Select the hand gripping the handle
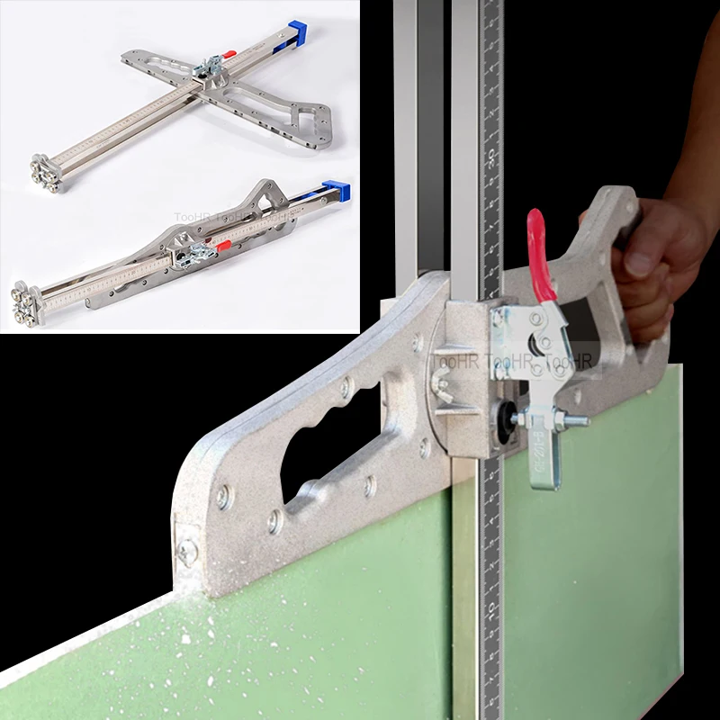[657, 261]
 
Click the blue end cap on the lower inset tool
[337, 192]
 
